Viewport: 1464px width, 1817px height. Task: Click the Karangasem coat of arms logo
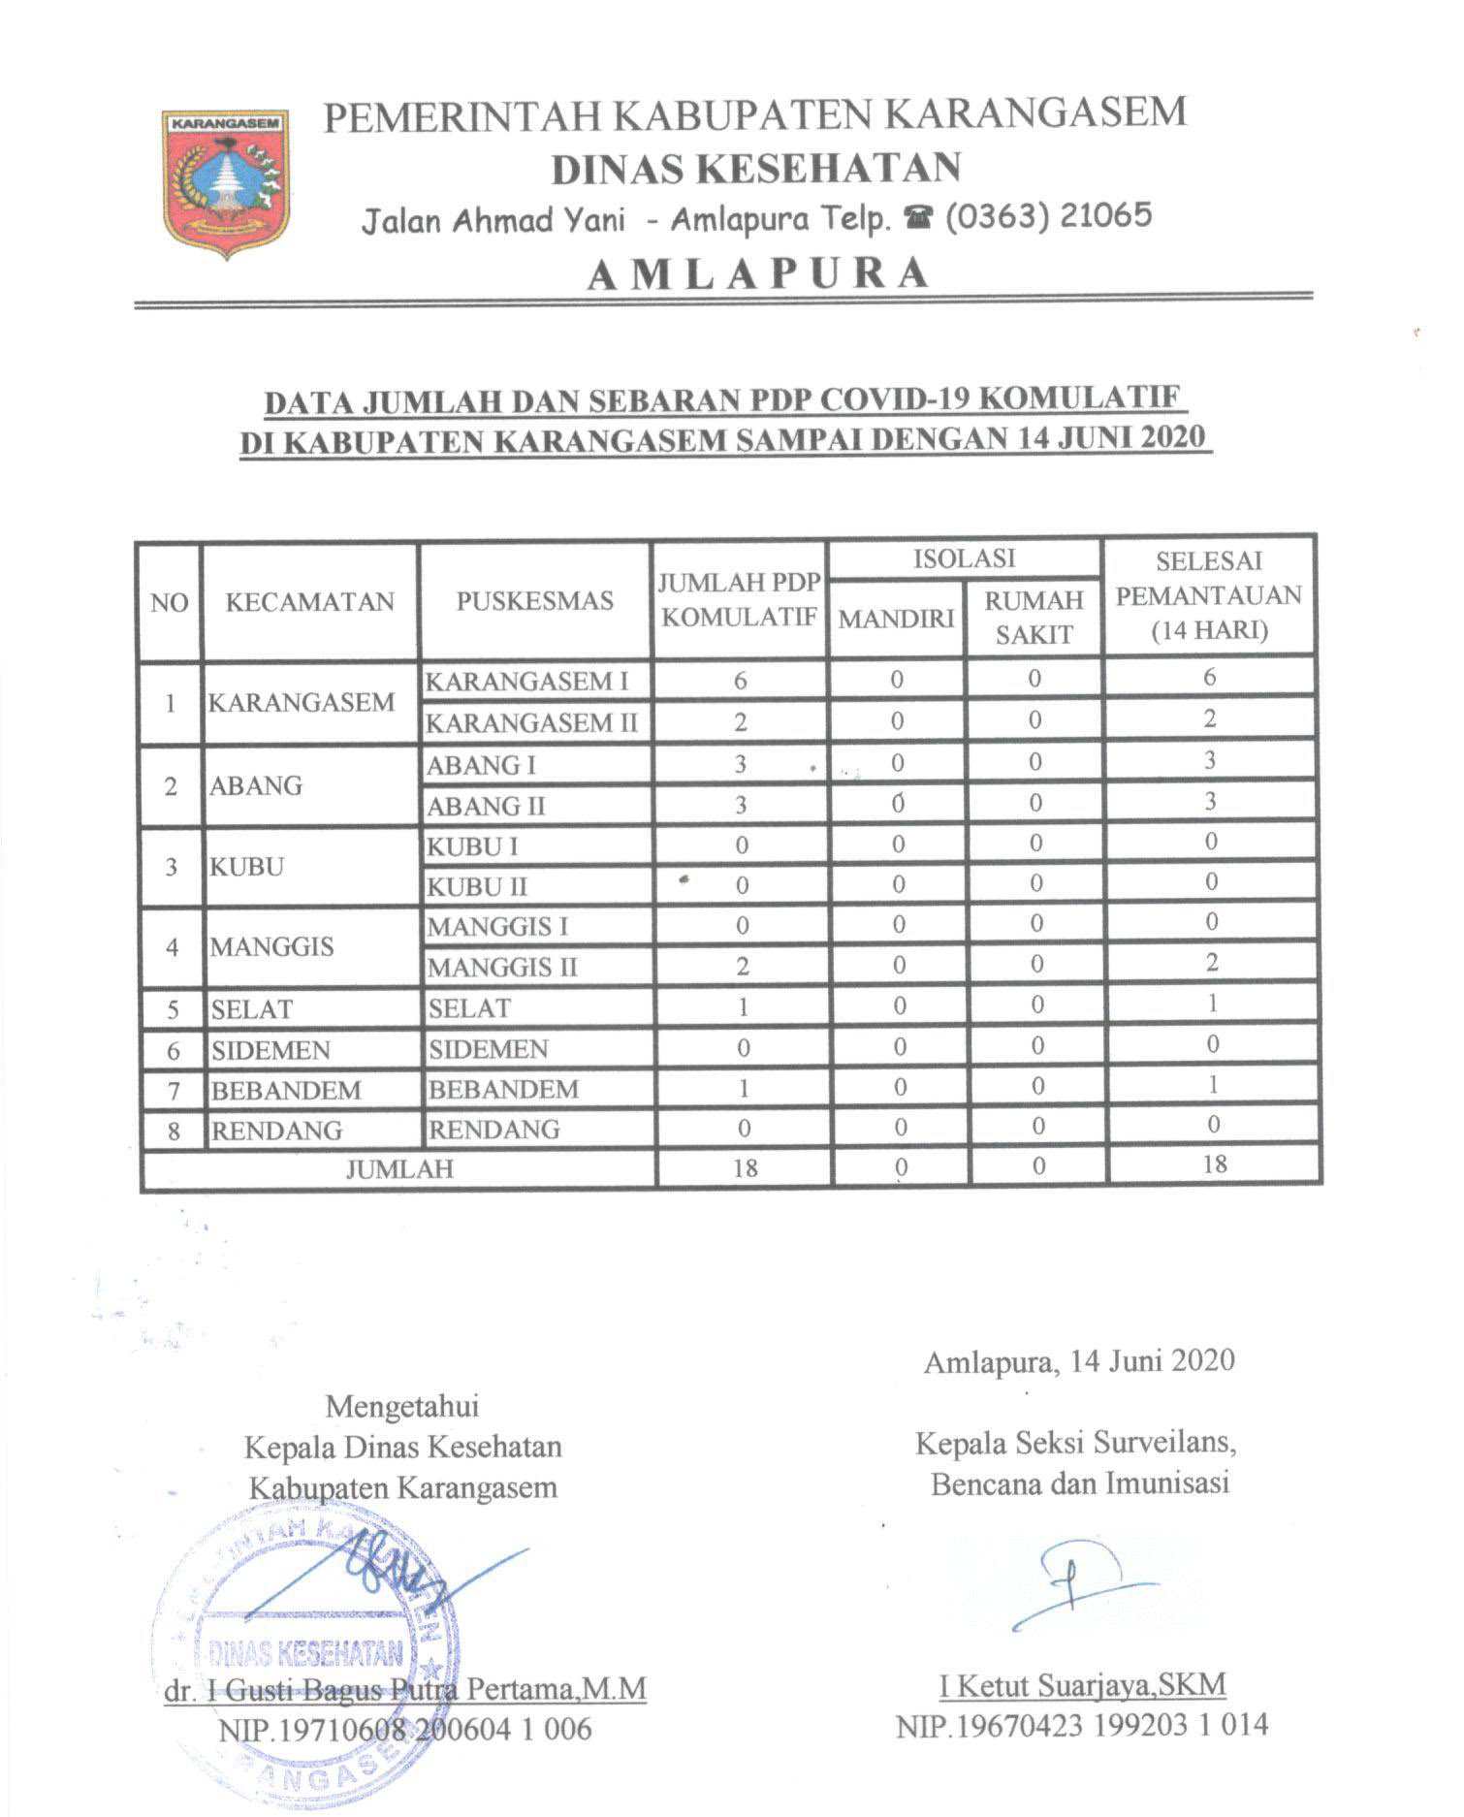click(x=226, y=183)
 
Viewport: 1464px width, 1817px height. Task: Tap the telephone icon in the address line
click(x=916, y=217)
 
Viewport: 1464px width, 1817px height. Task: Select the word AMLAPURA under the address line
click(x=757, y=273)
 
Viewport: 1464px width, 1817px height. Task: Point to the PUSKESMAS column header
click(x=534, y=601)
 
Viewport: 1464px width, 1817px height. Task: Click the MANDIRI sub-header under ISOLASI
click(x=896, y=619)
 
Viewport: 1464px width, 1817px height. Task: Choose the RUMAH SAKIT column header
click(x=1034, y=618)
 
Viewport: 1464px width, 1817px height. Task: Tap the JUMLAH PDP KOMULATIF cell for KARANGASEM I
click(x=741, y=681)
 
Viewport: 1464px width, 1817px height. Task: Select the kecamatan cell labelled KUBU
click(x=247, y=866)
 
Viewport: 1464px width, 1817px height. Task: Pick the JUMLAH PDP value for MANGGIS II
click(x=742, y=966)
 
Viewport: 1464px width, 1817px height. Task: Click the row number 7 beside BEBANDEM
click(x=174, y=1091)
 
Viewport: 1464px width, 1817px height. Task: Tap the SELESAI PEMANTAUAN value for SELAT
click(x=1211, y=1004)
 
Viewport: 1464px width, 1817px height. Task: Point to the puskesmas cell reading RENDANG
click(x=494, y=1130)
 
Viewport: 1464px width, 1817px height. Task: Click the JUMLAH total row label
click(x=399, y=1168)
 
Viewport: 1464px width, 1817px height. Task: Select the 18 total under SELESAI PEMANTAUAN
click(x=1214, y=1164)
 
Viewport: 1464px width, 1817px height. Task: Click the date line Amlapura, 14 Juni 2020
click(x=1079, y=1361)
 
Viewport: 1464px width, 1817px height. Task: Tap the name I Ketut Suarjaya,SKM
click(x=1082, y=1686)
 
